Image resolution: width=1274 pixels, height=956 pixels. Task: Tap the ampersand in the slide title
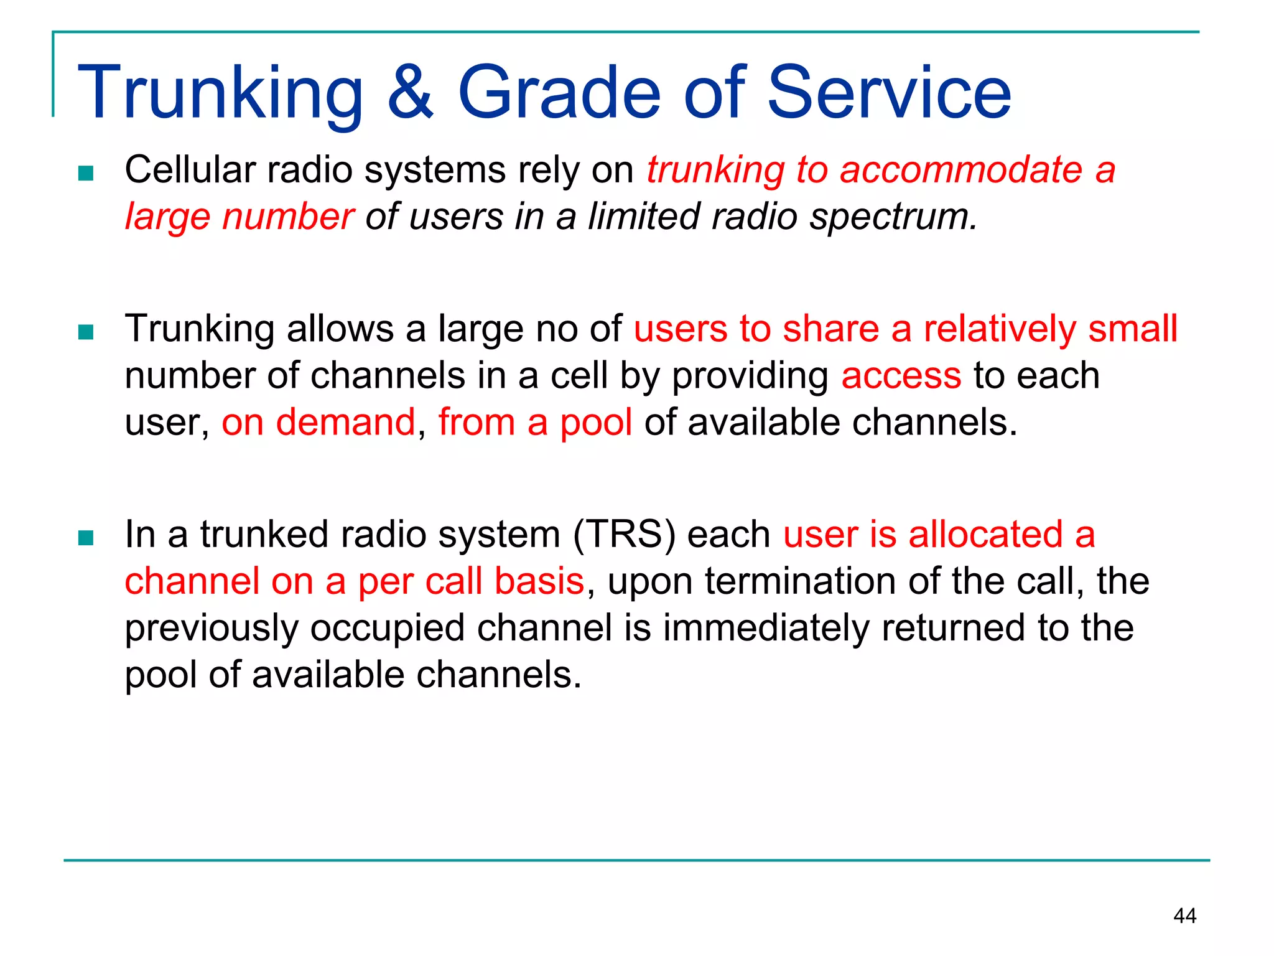(410, 93)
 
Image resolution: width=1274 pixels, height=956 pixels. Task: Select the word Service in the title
(889, 93)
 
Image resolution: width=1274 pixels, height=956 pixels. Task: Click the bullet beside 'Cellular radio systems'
(86, 173)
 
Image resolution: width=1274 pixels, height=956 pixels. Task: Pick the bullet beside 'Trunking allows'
(86, 332)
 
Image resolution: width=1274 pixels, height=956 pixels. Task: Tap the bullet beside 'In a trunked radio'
(86, 537)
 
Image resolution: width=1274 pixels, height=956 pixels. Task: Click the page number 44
(1184, 916)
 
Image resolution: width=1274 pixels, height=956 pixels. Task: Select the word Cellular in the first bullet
(190, 169)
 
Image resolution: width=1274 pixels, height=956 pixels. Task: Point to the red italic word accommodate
(961, 169)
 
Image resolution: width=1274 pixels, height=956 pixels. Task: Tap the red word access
(901, 377)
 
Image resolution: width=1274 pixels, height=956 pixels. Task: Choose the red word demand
(345, 422)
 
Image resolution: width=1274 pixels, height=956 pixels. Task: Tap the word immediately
(766, 628)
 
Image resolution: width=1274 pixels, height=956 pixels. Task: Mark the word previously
(212, 628)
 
